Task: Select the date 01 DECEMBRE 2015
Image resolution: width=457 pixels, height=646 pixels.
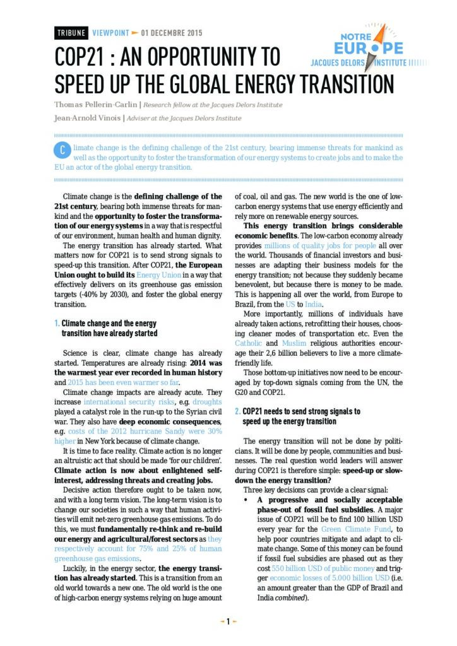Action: (172, 33)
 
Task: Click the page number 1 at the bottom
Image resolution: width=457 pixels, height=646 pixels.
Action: (228, 622)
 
